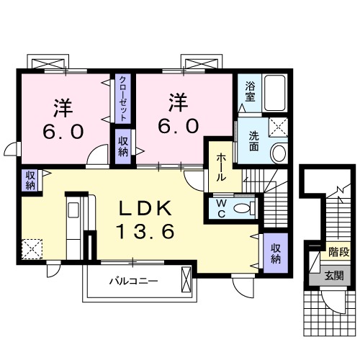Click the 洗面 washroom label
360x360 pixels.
[x=255, y=140]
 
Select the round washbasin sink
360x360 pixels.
[x=279, y=152]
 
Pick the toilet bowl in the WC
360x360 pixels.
[x=246, y=208]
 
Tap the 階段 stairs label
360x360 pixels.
[x=338, y=252]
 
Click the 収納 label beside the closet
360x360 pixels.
[x=122, y=146]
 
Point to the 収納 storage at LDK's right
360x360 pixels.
[x=276, y=253]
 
